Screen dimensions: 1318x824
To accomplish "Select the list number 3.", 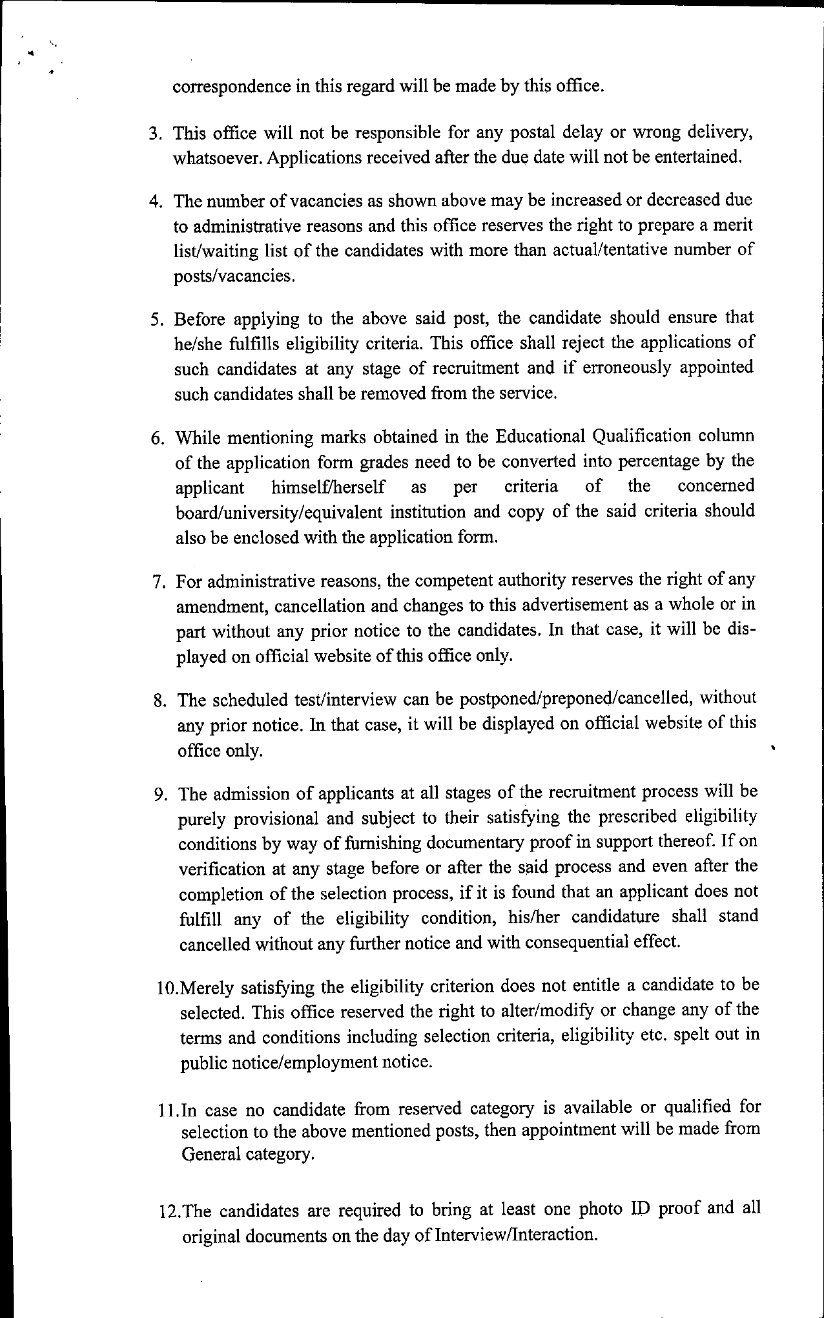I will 154,134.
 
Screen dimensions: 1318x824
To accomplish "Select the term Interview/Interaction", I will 514,1235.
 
